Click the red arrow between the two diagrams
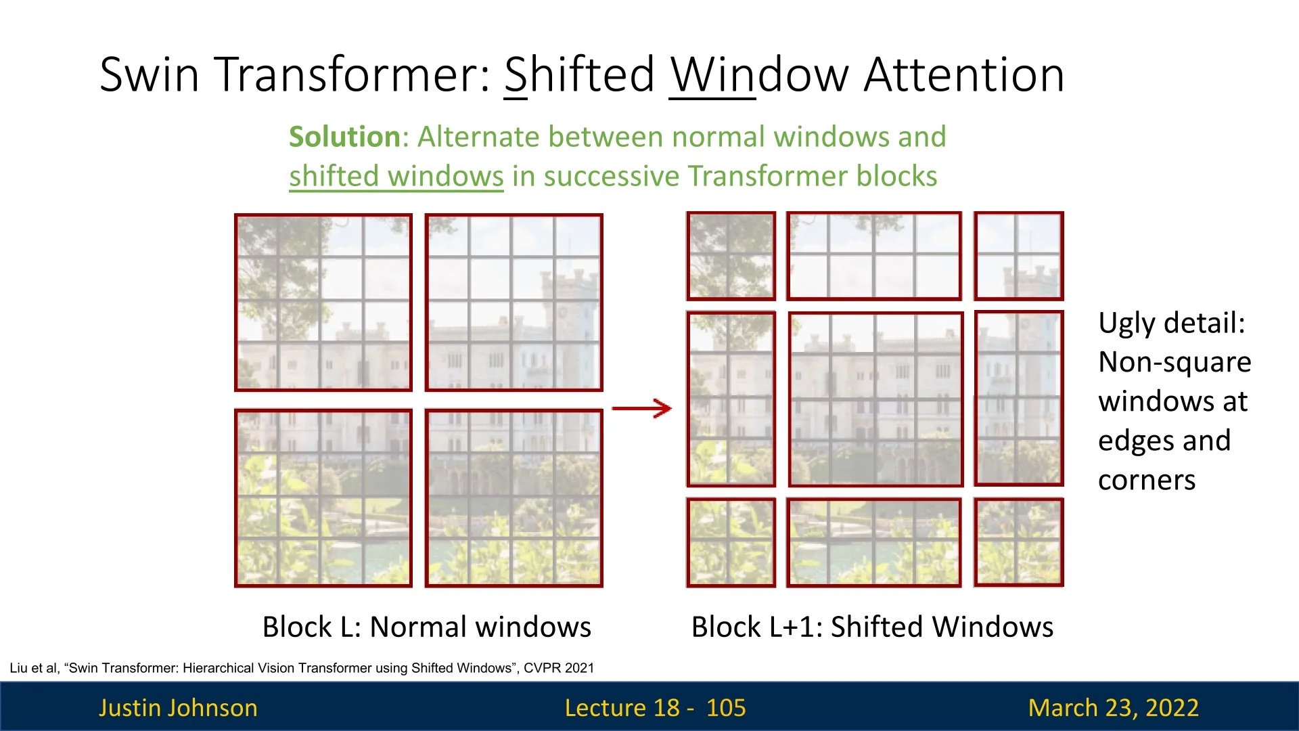[641, 408]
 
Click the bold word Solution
[345, 137]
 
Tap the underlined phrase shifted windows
[396, 176]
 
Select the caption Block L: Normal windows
[426, 627]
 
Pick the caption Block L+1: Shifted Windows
[872, 627]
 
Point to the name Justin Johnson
[178, 707]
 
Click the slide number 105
[725, 707]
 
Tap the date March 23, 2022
[1113, 707]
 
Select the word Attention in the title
[964, 74]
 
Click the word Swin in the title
[150, 74]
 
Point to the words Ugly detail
[1171, 323]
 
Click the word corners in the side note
[1147, 480]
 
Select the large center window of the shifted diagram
[875, 399]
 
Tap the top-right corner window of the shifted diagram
[1018, 256]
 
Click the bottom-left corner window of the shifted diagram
[731, 542]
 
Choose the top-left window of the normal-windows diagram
[323, 303]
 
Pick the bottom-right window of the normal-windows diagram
[514, 497]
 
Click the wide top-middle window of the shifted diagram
[873, 256]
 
